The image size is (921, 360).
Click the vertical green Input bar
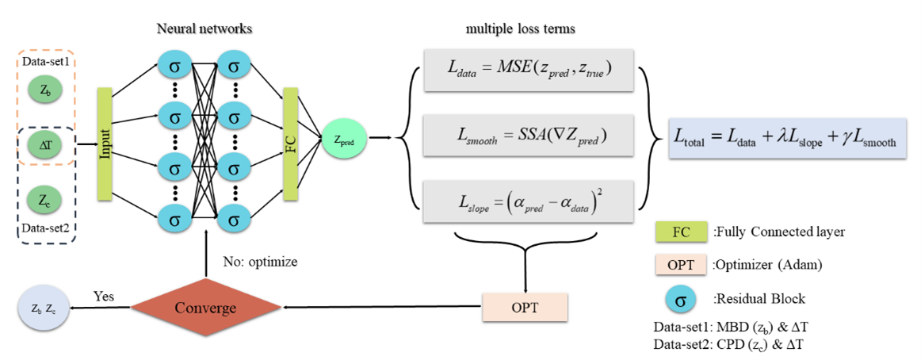point(104,144)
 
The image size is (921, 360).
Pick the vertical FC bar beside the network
point(289,144)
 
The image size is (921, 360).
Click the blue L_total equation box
point(787,140)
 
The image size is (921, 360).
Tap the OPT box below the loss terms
point(525,306)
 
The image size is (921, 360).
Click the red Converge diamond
point(205,307)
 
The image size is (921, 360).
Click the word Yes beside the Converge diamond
point(103,297)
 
